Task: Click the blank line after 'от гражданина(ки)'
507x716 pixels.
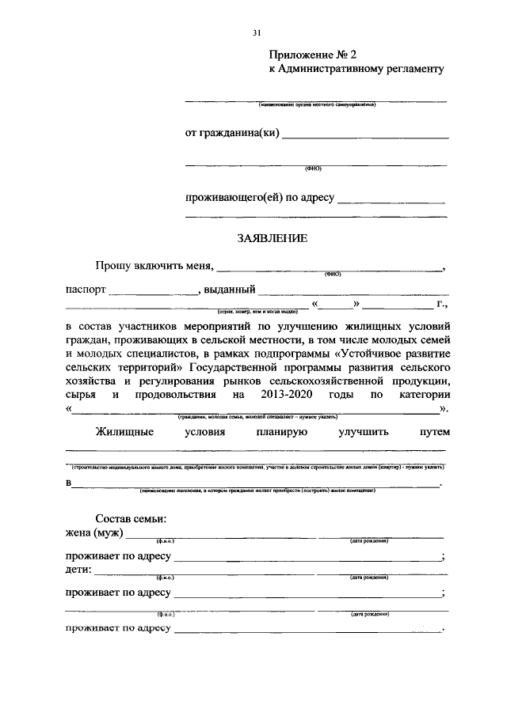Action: pos(365,134)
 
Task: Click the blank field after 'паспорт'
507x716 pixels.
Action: pos(154,290)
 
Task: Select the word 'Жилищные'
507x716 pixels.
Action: pos(124,432)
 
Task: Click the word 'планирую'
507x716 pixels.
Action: pos(281,432)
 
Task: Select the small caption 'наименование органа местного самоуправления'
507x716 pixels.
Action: pos(315,104)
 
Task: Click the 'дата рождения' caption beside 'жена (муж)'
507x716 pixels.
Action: pos(368,541)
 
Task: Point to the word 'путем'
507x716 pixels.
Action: pos(435,432)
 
